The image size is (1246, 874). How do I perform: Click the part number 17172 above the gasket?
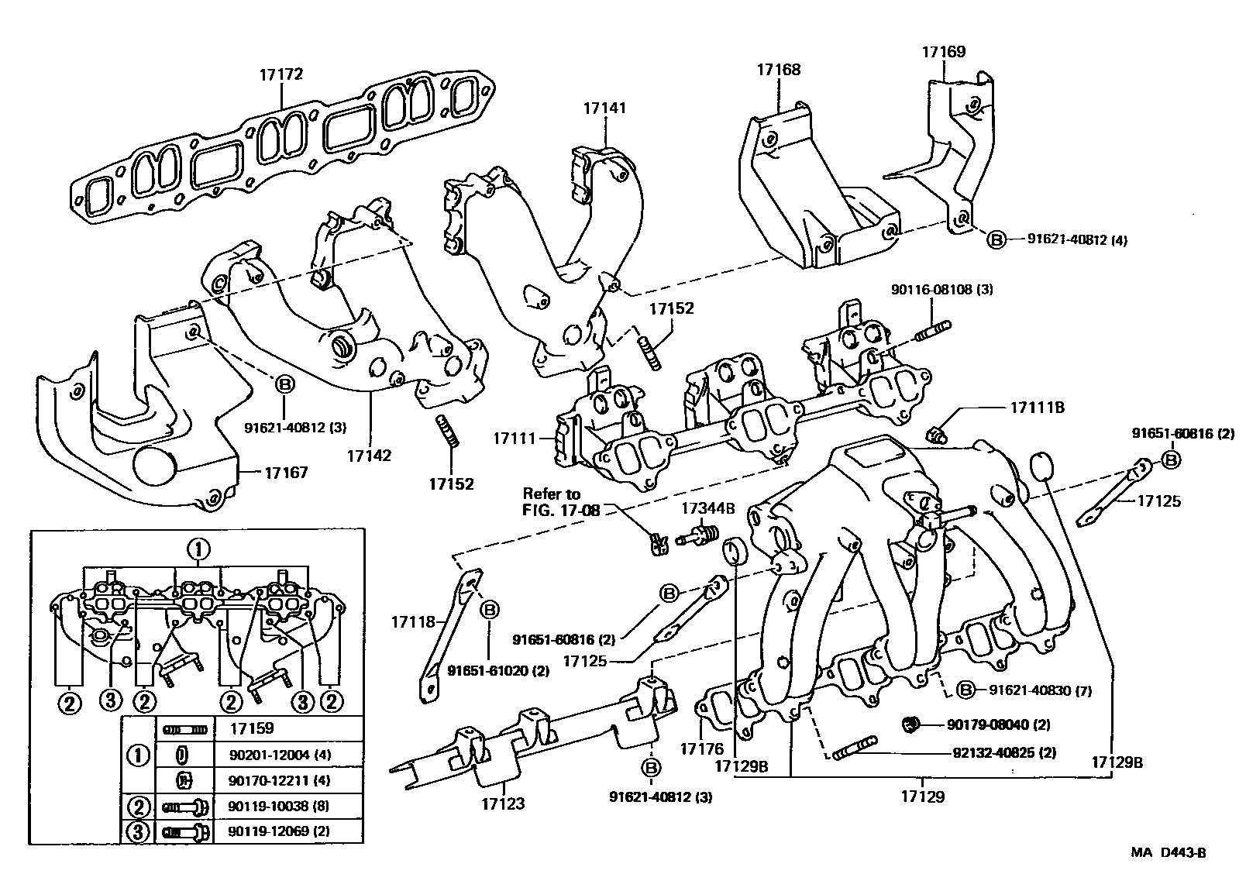[281, 75]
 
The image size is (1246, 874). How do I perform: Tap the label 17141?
[604, 108]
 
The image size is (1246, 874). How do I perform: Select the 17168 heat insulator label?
[779, 70]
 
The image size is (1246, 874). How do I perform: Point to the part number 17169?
[943, 52]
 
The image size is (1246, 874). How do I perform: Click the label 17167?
[286, 472]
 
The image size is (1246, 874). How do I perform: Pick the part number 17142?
[370, 455]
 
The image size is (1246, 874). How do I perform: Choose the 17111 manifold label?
[515, 439]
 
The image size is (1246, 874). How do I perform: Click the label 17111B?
[1038, 407]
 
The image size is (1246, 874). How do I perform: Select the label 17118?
[412, 621]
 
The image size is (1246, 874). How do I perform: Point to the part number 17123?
[502, 803]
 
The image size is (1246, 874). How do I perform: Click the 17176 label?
[702, 748]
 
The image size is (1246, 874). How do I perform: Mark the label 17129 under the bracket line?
[923, 796]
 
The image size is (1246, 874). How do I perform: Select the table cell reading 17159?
[251, 729]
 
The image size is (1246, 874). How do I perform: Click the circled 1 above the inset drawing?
[198, 550]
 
